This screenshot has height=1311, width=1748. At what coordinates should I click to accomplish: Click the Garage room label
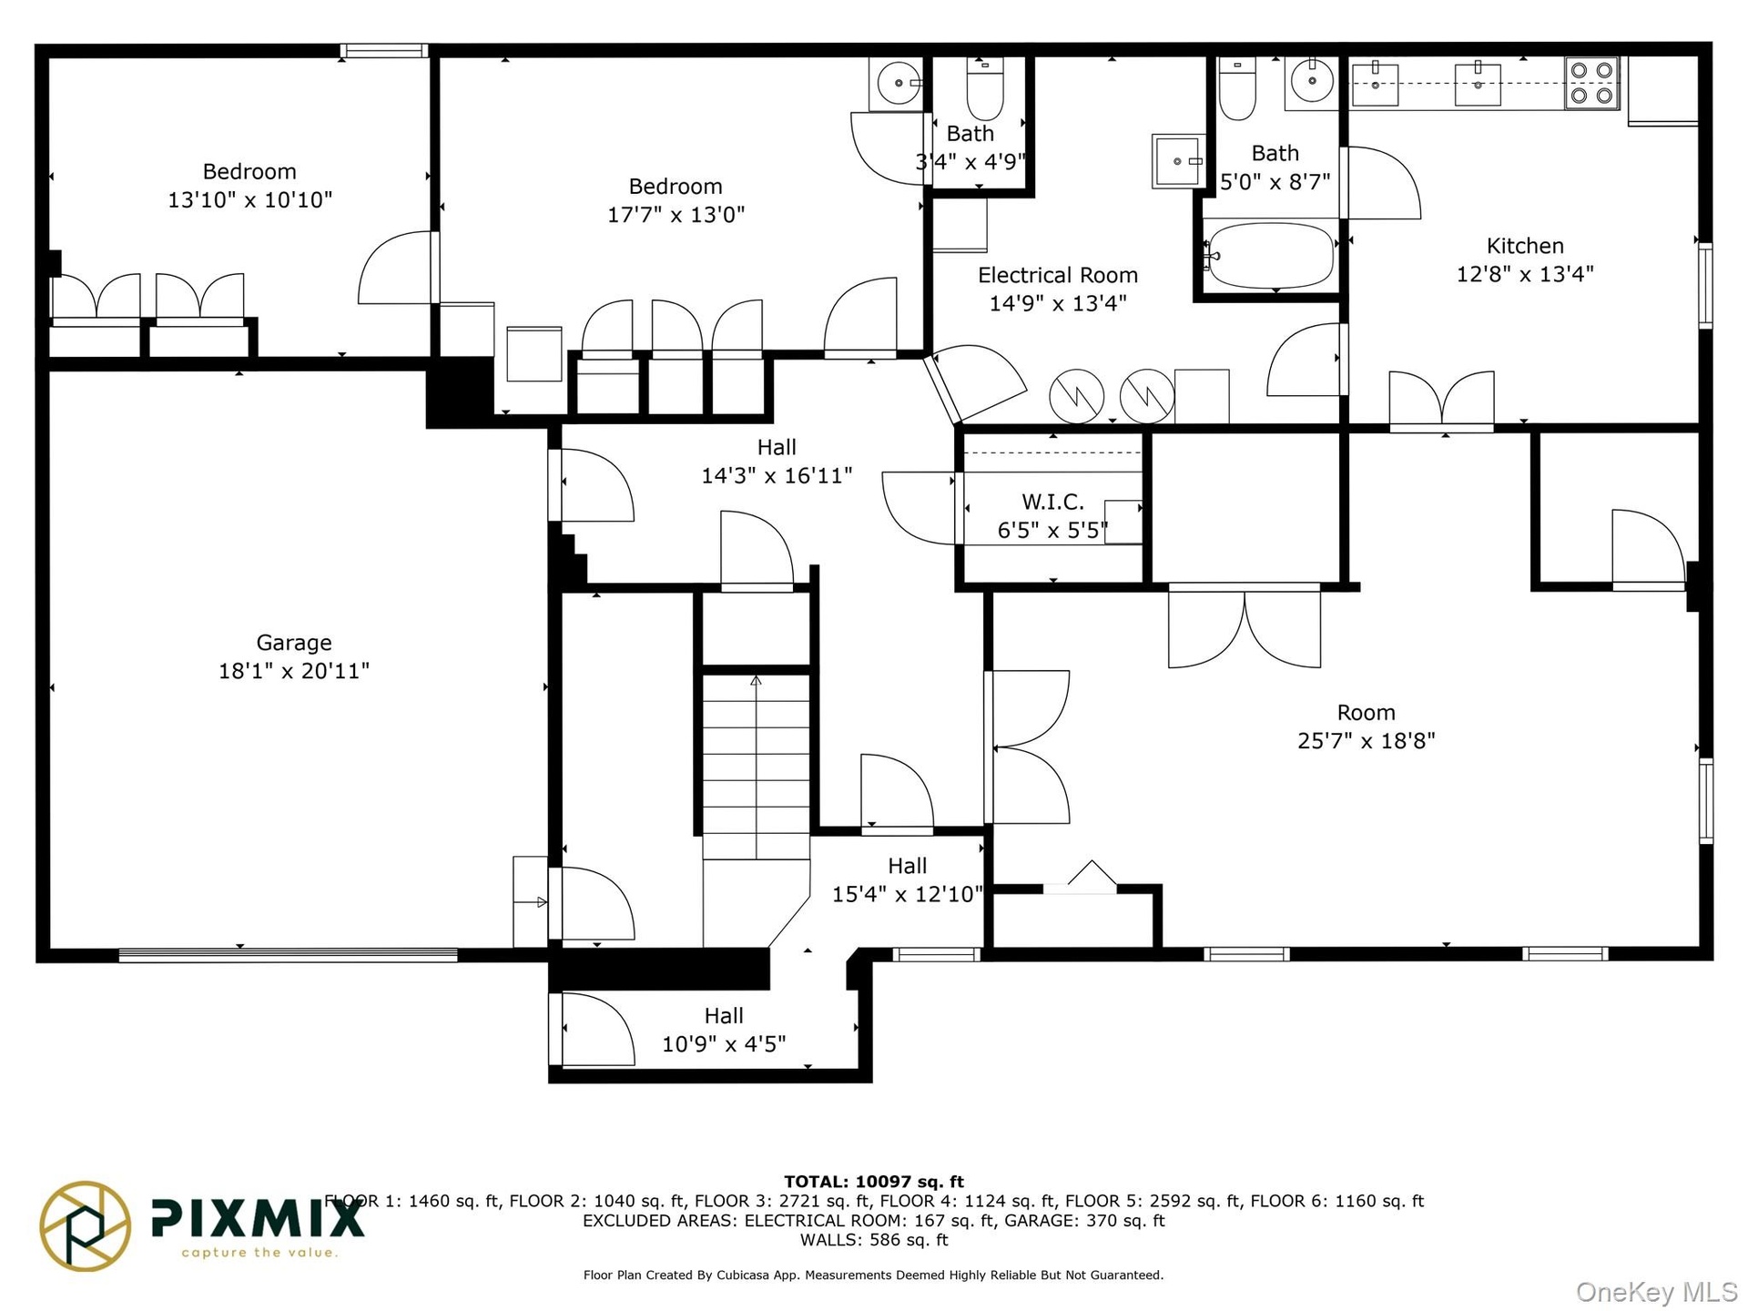pos(294,643)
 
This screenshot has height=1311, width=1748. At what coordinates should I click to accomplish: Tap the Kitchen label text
pos(1525,246)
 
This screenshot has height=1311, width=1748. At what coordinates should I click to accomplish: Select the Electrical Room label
pos(1058,275)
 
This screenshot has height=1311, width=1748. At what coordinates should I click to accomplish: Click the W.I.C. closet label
pos(1052,502)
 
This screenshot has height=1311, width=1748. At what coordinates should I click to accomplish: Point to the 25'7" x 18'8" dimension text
pos(1366,741)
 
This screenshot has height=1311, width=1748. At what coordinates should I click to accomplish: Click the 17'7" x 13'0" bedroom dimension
pos(676,215)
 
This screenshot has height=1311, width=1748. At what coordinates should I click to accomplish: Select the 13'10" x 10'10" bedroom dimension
pos(249,200)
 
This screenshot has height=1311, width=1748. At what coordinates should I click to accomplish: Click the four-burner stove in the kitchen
pos(1591,83)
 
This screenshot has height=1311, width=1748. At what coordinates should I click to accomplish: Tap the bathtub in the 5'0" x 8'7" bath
pos(1271,256)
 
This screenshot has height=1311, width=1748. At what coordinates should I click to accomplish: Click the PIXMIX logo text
pos(258,1218)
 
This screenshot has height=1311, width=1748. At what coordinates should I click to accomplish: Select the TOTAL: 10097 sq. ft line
pos(874,1182)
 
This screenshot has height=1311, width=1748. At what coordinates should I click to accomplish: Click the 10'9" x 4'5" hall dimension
pos(724,1044)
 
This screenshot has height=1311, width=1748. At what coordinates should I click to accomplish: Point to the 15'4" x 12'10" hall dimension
pos(908,895)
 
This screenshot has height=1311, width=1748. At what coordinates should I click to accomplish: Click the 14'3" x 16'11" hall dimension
pos(777,475)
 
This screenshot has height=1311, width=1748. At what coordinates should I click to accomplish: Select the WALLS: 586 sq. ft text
pos(874,1240)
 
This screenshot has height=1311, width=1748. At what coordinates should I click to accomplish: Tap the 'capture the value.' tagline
pos(259,1253)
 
